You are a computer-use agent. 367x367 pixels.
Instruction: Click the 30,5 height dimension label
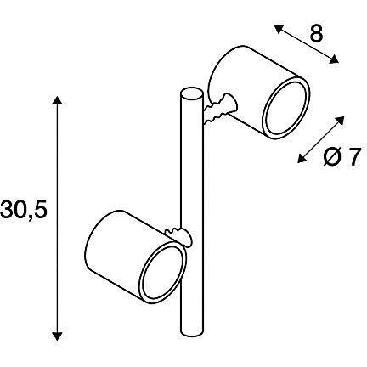click(x=24, y=211)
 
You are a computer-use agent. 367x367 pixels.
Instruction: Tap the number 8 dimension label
click(x=316, y=34)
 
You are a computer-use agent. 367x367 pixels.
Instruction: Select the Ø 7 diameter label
click(x=342, y=156)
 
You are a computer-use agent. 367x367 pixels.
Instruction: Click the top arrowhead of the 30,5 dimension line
click(x=57, y=101)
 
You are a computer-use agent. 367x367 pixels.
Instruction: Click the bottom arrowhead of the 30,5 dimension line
click(x=57, y=336)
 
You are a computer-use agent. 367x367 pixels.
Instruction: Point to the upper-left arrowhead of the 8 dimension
click(x=279, y=29)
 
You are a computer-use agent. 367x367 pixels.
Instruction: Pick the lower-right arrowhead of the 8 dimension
click(x=334, y=59)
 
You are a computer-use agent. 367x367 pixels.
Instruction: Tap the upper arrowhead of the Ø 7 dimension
click(x=341, y=120)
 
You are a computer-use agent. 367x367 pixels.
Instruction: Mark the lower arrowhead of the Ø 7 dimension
click(x=302, y=159)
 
